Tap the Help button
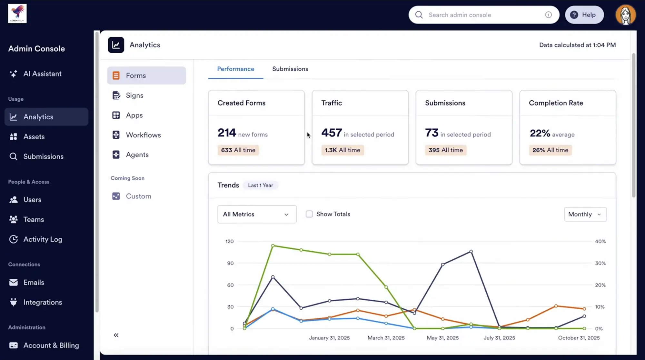584,15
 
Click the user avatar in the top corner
625,15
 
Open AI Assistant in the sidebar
42,74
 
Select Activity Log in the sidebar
43,239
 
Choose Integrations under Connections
43,302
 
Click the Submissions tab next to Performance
290,69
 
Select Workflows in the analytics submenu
143,135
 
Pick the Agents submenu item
137,155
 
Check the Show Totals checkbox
309,214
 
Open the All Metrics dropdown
257,214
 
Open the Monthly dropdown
585,214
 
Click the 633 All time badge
238,150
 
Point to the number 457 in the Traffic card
331,133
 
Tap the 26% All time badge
550,150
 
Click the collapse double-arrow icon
116,335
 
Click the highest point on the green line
273,246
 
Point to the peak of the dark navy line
471,251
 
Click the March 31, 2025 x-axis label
386,338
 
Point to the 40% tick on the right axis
600,241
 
